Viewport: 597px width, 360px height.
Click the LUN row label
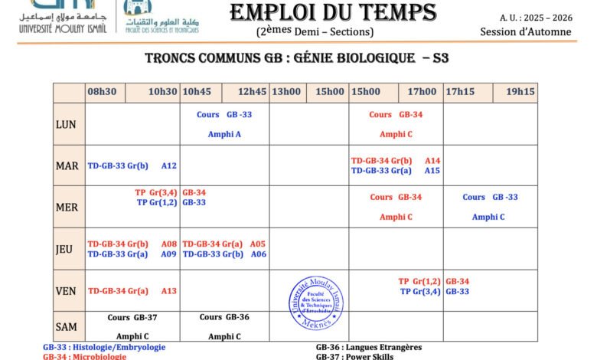tap(65, 124)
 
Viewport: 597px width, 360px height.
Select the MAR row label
tap(67, 165)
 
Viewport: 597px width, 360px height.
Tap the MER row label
tap(67, 207)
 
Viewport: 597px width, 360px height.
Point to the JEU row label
tap(65, 249)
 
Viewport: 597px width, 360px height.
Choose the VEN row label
tap(66, 290)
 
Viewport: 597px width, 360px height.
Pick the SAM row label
tap(67, 327)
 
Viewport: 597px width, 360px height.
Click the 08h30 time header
tap(102, 92)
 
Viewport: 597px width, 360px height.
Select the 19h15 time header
tap(520, 92)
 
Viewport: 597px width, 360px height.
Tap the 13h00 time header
tap(286, 92)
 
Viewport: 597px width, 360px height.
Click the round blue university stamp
tap(316, 301)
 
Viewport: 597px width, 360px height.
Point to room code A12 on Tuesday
tap(169, 165)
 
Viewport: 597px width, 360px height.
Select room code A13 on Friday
tap(169, 291)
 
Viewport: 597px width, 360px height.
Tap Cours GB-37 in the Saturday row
tap(132, 317)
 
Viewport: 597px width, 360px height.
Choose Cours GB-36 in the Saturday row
tap(224, 317)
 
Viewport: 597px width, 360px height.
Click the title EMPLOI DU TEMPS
tap(333, 13)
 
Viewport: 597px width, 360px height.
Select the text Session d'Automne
tap(525, 31)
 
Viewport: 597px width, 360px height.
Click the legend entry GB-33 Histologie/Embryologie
tap(104, 347)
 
